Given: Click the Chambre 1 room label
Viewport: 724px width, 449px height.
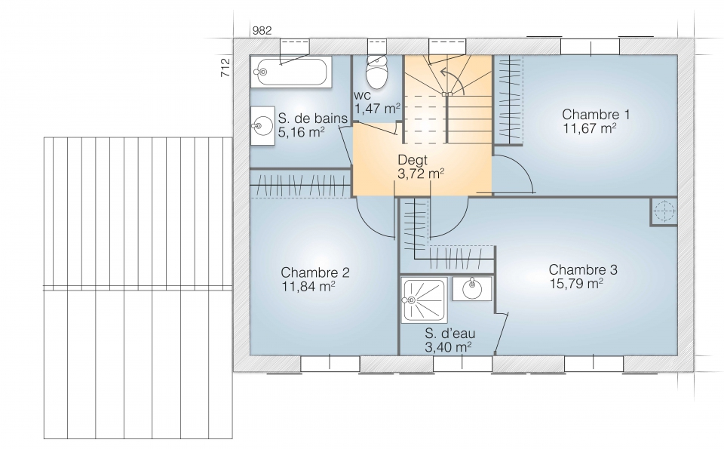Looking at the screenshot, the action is point(596,114).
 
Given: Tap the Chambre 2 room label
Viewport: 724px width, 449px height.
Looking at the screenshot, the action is point(315,272).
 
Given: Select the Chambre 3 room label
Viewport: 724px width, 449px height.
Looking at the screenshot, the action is point(583,269).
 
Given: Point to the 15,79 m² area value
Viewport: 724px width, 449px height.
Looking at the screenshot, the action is point(576,283).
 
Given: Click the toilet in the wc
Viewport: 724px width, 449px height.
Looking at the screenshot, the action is point(377,72).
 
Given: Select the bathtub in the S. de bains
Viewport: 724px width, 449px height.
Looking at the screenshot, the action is point(291,72).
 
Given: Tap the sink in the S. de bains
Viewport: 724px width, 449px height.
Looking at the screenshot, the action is point(262,126).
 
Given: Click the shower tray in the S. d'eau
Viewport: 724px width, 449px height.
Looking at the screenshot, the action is point(425,300).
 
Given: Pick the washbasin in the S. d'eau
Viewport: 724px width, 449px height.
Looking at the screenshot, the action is point(472,289).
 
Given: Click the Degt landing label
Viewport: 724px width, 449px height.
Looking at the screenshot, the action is point(413,160).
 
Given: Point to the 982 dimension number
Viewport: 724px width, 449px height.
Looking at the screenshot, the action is point(262,30).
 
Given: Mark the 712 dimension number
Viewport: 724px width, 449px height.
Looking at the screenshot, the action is point(225,67).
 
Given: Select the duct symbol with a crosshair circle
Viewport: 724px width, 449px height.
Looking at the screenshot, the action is point(664,211).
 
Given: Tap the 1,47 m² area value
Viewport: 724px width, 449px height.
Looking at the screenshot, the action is point(377,109).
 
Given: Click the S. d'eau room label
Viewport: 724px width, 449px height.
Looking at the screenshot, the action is point(449,333).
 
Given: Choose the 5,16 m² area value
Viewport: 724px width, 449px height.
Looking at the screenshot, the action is point(301,132).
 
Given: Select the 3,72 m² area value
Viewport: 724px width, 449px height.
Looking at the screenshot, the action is point(421,174).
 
